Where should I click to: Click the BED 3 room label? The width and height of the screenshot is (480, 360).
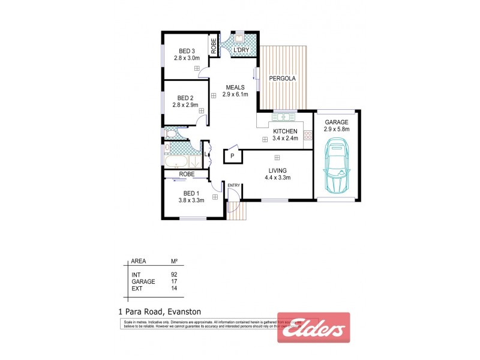(186, 50)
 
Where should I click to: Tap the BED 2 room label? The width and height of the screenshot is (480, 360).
(186, 98)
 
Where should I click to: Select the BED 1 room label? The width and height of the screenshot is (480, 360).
(190, 193)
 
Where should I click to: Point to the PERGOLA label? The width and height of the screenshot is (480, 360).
(281, 79)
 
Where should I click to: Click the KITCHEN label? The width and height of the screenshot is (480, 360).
(285, 131)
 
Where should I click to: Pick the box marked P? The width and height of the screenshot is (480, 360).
(233, 156)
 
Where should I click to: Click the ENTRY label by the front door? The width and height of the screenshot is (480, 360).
(233, 185)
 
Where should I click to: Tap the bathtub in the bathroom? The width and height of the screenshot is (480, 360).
(178, 162)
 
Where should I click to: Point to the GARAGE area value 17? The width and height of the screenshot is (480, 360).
(174, 281)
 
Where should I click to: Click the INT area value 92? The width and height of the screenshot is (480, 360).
(174, 275)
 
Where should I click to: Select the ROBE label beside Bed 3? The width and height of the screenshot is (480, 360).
(213, 46)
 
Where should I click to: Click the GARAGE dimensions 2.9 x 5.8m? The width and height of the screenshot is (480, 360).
(337, 128)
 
